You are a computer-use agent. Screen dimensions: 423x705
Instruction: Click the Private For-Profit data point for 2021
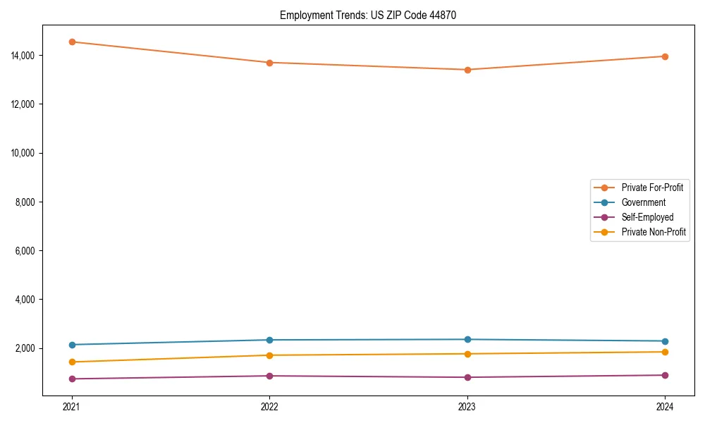click(71, 42)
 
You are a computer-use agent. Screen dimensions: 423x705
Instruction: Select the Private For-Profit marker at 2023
click(467, 70)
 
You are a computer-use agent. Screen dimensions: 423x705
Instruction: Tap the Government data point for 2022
click(269, 340)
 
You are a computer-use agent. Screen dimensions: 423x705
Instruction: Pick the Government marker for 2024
click(665, 341)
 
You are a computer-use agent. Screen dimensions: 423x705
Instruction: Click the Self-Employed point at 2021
click(71, 379)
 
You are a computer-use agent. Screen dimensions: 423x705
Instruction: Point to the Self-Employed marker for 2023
click(467, 377)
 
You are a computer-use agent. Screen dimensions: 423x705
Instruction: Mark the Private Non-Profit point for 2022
click(269, 355)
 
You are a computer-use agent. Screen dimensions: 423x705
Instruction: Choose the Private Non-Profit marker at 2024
click(665, 352)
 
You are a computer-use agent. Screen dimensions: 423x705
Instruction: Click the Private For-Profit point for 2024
click(665, 56)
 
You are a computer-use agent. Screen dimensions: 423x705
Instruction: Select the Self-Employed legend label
click(647, 217)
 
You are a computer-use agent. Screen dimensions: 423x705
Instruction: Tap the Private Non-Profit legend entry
click(654, 232)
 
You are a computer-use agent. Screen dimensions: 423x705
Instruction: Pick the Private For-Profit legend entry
click(652, 188)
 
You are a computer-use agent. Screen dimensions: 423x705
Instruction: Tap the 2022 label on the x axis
click(269, 406)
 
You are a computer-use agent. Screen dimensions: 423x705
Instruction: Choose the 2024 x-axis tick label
click(665, 406)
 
